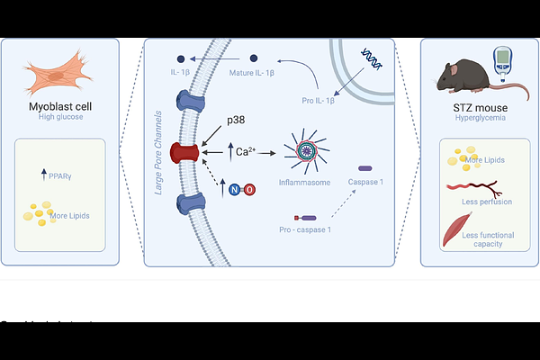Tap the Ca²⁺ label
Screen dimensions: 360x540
tap(241, 152)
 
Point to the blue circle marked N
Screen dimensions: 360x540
tap(236, 189)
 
